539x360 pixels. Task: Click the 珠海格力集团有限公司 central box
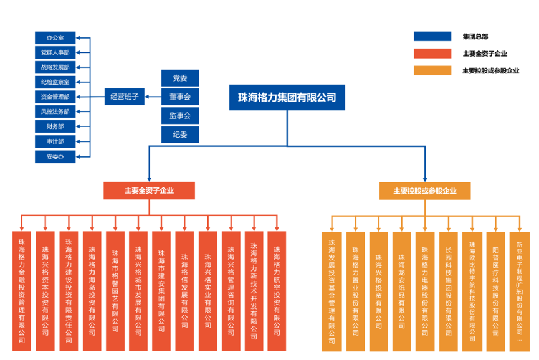[287, 98]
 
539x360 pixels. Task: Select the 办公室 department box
[55, 38]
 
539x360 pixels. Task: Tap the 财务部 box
[55, 126]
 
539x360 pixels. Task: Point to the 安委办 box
[55, 156]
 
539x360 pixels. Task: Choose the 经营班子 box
[125, 97]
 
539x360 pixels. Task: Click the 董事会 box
[179, 97]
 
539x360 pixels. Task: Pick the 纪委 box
[179, 134]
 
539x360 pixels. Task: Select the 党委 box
[179, 78]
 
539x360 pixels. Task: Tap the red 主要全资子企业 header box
[149, 191]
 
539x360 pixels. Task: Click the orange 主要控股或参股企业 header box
[424, 191]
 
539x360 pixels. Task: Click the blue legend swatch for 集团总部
[432, 37]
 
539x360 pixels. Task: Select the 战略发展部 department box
[55, 67]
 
